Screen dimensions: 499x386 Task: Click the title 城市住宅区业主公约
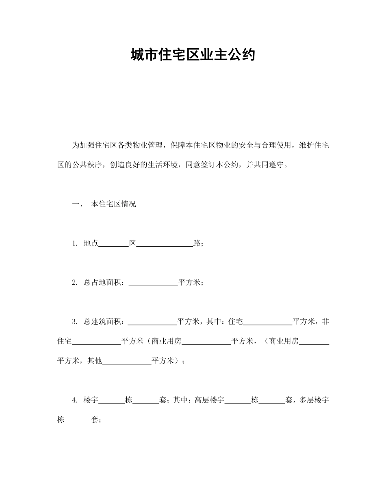(193, 54)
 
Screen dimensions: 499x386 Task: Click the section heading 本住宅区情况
(113, 204)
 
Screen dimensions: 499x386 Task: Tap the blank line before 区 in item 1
(114, 244)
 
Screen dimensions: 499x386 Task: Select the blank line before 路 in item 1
(165, 244)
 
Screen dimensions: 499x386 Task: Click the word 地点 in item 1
(91, 243)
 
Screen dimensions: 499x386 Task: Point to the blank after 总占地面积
(153, 283)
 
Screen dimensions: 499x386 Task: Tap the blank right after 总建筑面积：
(153, 322)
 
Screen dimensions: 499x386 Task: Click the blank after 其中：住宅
(268, 322)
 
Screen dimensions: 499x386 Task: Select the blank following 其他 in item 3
(127, 361)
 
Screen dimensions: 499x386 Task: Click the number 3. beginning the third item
(75, 322)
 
